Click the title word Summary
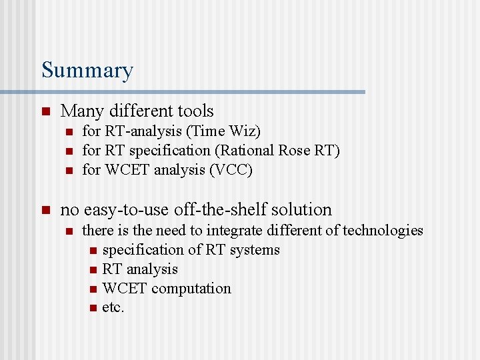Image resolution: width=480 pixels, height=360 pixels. coord(87,70)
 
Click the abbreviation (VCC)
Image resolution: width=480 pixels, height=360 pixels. coord(231,170)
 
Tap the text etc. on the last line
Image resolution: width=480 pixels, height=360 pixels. coord(113,308)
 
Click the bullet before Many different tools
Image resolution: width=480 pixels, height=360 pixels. coord(45,111)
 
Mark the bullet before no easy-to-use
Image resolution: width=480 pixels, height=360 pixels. coord(45,210)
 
